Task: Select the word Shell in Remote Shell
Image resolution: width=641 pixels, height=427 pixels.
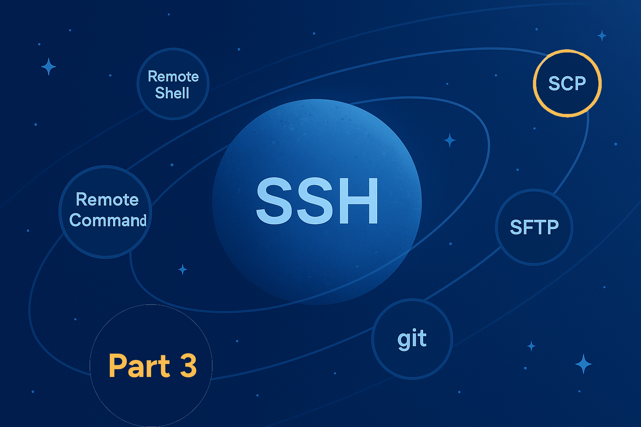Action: tap(172, 93)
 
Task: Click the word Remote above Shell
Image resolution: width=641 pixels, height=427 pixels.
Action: tap(173, 76)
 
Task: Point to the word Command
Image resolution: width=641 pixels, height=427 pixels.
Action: tap(108, 220)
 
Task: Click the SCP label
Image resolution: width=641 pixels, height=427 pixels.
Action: tap(567, 83)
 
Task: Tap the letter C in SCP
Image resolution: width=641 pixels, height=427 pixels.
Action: tap(567, 83)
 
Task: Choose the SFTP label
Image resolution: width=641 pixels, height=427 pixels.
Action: tap(534, 227)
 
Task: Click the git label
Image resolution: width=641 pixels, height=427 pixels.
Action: tap(412, 340)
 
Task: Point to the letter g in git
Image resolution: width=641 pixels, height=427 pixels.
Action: tap(404, 342)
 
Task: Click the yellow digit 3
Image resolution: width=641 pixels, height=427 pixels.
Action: tap(188, 366)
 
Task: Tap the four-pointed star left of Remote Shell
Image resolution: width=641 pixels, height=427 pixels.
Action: tap(48, 67)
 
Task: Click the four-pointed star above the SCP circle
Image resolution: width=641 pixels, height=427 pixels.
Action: tap(602, 36)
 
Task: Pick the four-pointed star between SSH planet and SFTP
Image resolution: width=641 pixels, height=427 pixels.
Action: tap(449, 141)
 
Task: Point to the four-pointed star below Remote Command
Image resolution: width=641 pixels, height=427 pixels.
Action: tap(182, 269)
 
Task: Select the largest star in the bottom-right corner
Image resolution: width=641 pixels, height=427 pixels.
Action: tap(583, 364)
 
